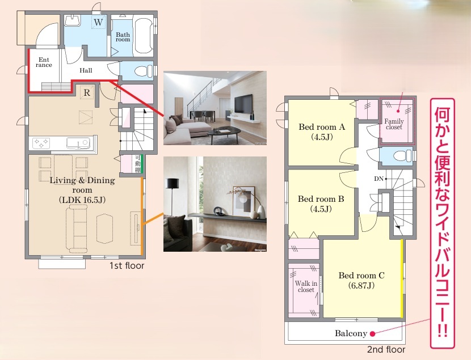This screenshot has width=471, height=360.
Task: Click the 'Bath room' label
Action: pyautogui.click(x=123, y=37)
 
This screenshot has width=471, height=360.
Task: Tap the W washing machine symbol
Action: pyautogui.click(x=98, y=22)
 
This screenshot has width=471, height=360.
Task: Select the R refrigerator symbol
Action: pyautogui.click(x=87, y=93)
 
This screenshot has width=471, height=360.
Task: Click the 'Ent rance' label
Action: pyautogui.click(x=44, y=62)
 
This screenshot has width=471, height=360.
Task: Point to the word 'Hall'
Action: pyautogui.click(x=86, y=70)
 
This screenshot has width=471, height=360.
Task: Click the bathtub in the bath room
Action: pyautogui.click(x=143, y=36)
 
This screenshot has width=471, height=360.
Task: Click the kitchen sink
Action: pyautogui.click(x=78, y=143)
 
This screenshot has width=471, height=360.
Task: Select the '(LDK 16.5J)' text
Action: pyautogui.click(x=82, y=200)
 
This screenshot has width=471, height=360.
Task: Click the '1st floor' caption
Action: pyautogui.click(x=127, y=266)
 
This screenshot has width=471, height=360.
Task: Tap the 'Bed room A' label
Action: pyautogui.click(x=322, y=127)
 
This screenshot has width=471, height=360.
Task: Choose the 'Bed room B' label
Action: pyautogui.click(x=321, y=199)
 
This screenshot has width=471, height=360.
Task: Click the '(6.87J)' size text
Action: pyautogui.click(x=361, y=285)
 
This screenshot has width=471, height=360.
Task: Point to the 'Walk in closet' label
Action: pyautogui.click(x=306, y=286)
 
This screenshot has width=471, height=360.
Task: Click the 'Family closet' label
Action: pyautogui.click(x=394, y=124)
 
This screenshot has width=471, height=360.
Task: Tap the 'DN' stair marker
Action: pyautogui.click(x=379, y=179)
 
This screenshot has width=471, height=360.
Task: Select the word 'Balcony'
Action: pyautogui.click(x=351, y=333)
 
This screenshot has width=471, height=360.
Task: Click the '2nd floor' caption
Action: pyautogui.click(x=386, y=350)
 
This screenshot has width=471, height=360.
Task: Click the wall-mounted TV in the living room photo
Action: pyautogui.click(x=243, y=104)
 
